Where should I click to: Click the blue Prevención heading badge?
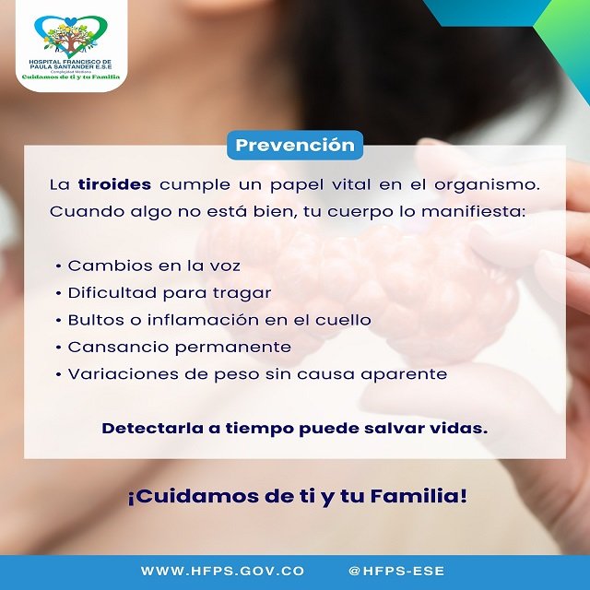(295, 145)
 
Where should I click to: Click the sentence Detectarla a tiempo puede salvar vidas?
(294, 429)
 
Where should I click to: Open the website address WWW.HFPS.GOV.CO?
(222, 572)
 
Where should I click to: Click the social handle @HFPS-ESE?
(396, 572)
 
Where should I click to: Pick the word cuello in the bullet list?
(348, 320)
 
